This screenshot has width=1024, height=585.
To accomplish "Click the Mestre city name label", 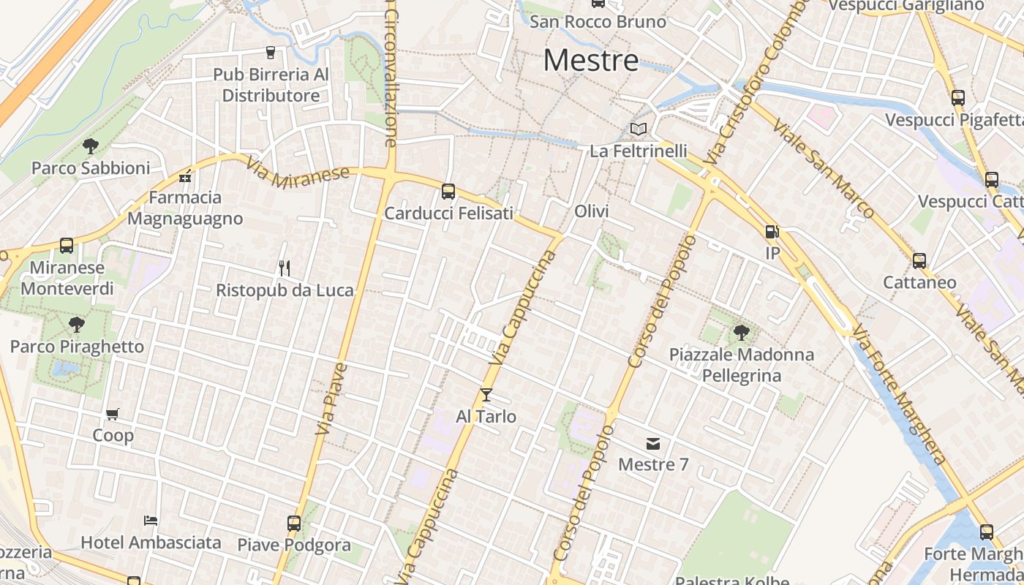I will [x=591, y=60].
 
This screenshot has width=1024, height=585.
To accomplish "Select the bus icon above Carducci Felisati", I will [x=448, y=192].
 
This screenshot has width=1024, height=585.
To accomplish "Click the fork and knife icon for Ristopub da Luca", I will [x=285, y=268].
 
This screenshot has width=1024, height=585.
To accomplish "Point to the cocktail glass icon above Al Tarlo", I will [x=486, y=395].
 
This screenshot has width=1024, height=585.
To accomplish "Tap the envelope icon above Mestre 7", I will [x=653, y=443].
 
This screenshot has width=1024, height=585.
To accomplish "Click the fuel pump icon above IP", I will [x=772, y=232].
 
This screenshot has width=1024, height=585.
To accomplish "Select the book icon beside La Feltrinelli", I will [x=639, y=129].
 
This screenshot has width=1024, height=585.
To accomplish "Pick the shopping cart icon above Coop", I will [x=113, y=415].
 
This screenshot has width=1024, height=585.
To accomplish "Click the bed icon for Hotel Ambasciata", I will [x=151, y=521].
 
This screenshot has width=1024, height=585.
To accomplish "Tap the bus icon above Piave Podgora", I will [x=294, y=524].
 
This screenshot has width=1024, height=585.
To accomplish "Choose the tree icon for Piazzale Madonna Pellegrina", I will [x=741, y=333].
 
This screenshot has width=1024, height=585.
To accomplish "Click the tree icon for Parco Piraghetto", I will [x=77, y=325].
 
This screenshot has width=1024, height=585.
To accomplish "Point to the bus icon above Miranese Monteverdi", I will [x=67, y=246].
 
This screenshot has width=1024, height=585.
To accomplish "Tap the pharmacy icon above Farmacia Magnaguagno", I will [x=185, y=176].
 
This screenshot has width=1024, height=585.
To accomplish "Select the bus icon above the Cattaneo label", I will [x=919, y=260].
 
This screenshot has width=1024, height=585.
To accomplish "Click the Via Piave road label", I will [x=331, y=399].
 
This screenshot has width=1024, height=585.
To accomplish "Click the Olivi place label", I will [x=592, y=211].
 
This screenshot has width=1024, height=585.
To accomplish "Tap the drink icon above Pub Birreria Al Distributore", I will [x=271, y=53].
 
